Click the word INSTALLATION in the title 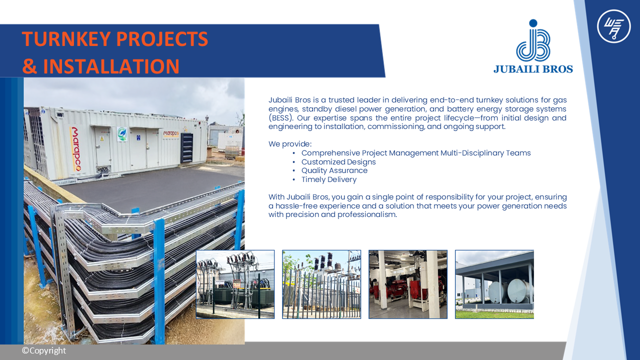pos(111,66)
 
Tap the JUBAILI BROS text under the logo pos(533,69)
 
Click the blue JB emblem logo pos(533,40)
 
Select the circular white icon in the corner pos(613,26)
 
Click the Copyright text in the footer pos(44,350)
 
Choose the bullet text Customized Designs pos(338,162)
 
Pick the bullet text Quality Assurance pos(334,170)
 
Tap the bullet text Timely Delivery pos(329,179)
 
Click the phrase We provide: pos(290,144)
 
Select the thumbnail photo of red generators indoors pos(408,284)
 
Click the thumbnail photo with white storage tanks pos(494,284)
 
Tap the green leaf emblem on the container pos(122,133)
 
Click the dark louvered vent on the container pos(187,147)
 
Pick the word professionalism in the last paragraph pos(367,214)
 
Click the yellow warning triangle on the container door pos(102,139)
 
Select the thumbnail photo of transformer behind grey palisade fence pos(321,284)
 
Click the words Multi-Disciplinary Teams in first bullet pos(485,153)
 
